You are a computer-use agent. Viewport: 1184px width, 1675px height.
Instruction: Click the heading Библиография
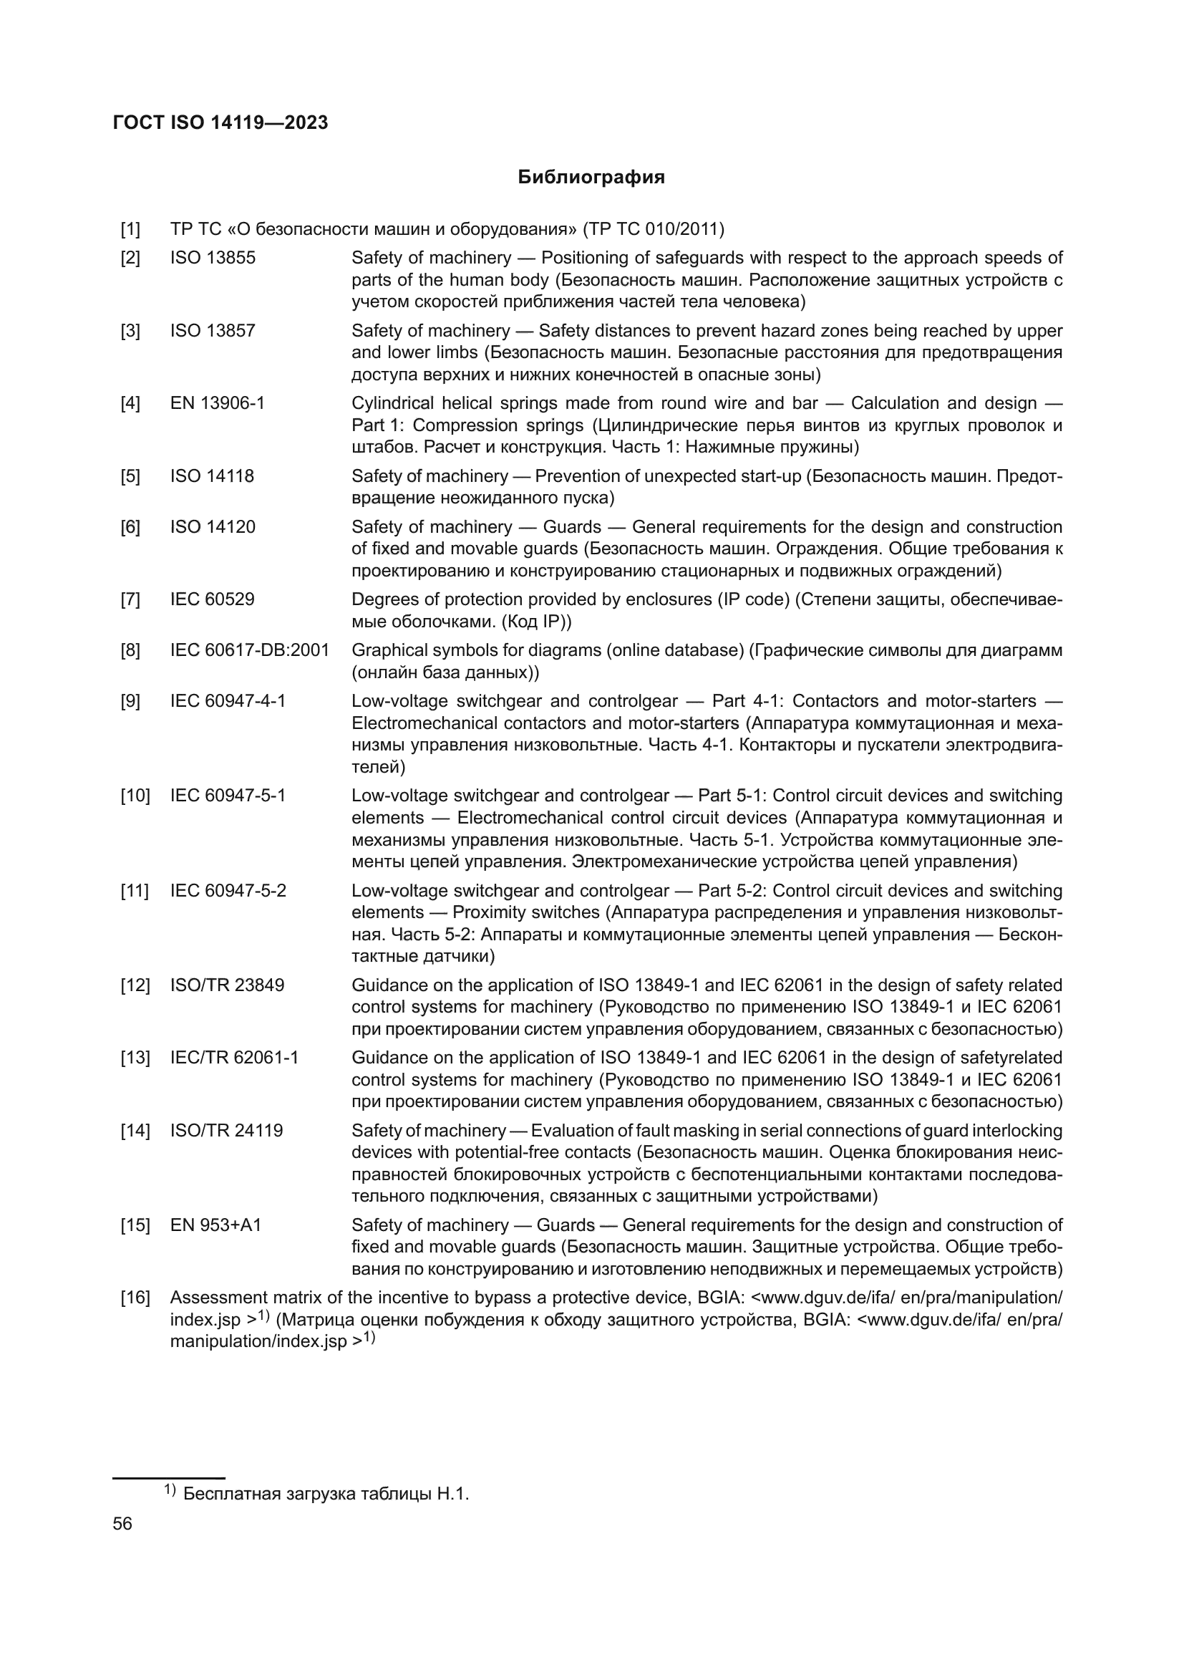point(591,178)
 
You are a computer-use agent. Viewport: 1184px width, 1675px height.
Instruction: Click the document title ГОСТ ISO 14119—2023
point(220,122)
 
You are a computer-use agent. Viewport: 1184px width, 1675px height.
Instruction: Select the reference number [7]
point(130,599)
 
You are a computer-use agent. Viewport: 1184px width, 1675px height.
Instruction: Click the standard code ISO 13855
point(213,258)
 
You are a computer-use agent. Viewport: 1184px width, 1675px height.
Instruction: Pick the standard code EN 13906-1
point(218,402)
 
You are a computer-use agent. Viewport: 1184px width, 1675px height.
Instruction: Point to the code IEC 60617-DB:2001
point(250,650)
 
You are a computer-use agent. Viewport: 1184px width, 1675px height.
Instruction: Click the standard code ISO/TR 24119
point(227,1130)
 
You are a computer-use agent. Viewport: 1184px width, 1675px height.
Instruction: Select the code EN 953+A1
point(215,1225)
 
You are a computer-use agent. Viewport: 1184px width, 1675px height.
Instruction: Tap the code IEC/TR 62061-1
point(235,1058)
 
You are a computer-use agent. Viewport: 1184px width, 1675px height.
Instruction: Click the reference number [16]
point(135,1298)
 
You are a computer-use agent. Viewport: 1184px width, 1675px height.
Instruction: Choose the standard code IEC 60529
point(213,599)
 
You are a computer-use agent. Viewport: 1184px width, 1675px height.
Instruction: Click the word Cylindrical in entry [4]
point(392,402)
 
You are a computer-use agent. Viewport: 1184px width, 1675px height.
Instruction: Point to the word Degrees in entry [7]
point(382,599)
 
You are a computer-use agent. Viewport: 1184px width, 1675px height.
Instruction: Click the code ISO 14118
point(212,476)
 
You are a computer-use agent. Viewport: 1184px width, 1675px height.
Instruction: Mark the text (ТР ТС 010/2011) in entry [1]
point(654,230)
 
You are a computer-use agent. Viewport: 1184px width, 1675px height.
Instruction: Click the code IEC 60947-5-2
point(228,891)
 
